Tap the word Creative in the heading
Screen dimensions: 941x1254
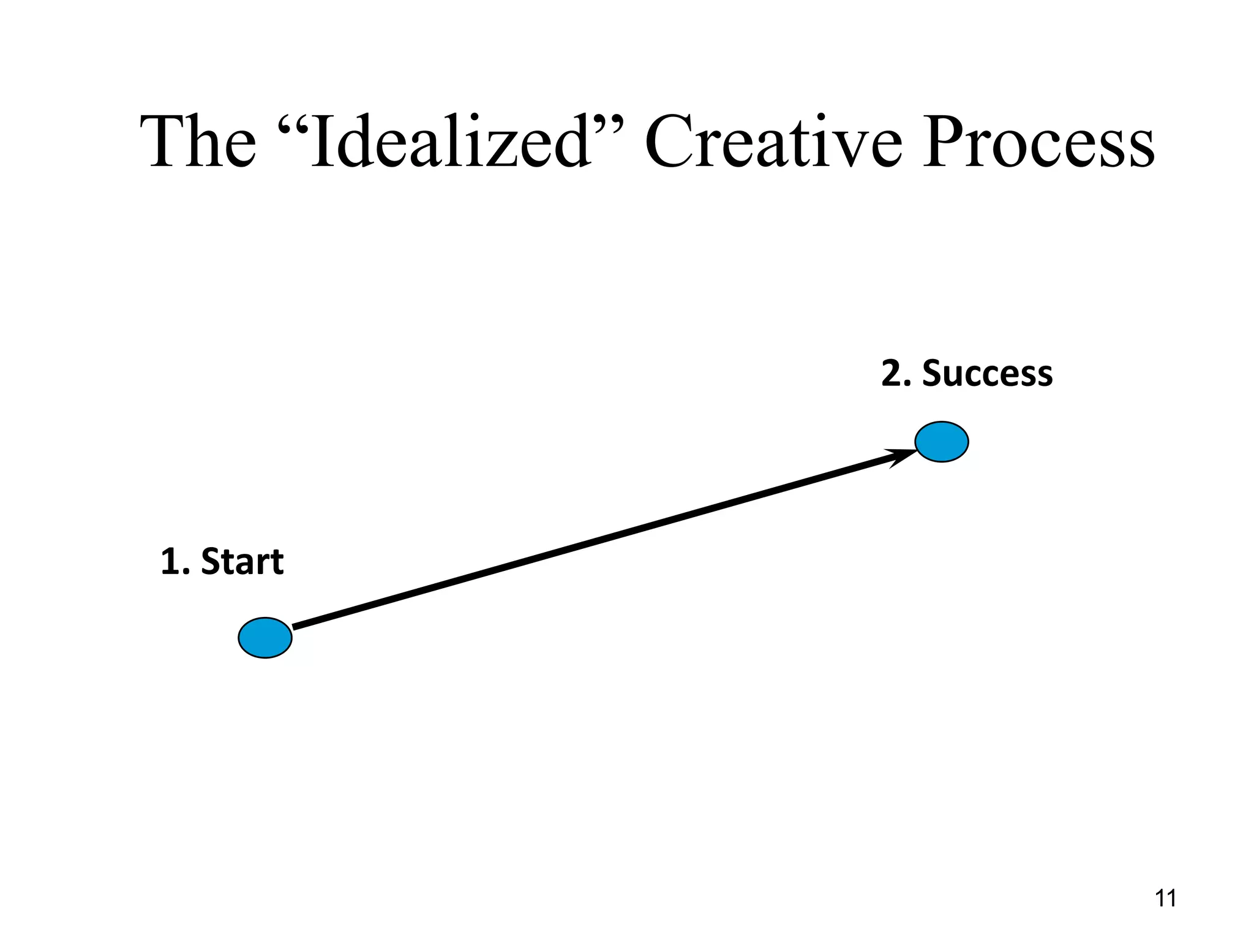(x=773, y=142)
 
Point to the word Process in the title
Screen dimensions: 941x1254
(x=1038, y=142)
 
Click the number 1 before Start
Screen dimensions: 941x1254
(x=169, y=562)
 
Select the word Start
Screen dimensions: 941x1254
(x=242, y=562)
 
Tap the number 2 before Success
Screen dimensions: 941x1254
(x=892, y=374)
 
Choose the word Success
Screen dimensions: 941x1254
(x=987, y=374)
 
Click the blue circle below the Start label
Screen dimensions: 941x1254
(x=265, y=638)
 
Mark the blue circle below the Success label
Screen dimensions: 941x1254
(x=942, y=442)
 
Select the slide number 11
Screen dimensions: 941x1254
(x=1165, y=899)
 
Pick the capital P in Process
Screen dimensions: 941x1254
(x=943, y=142)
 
